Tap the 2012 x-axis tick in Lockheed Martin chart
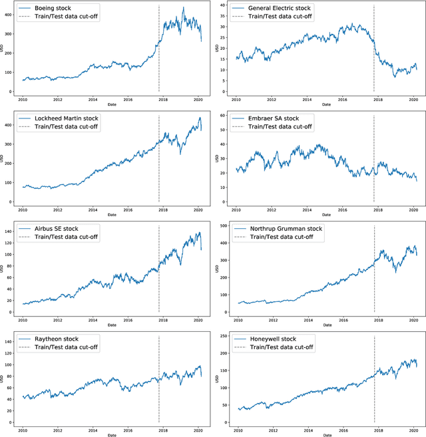point(58,210)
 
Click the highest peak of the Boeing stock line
point(184,8)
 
